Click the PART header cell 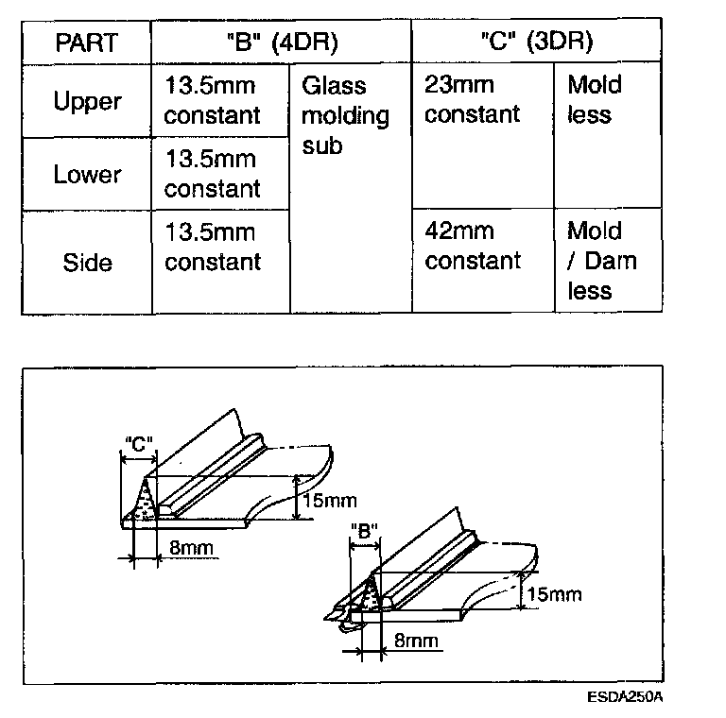87,43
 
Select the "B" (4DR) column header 282,43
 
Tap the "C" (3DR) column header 537,43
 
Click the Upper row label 87,101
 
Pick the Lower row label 87,174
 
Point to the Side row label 87,262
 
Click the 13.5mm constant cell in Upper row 212,101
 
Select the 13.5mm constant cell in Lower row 212,174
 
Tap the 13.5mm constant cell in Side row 212,247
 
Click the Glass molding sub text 345,115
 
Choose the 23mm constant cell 473,100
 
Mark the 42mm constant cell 473,246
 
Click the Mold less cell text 595,100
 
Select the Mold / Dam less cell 601,261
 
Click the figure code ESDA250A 626,697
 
